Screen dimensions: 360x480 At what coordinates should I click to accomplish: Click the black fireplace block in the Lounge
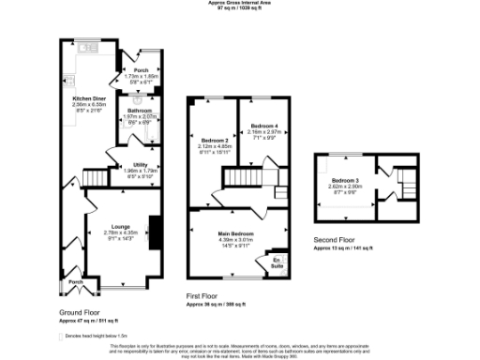(x=155, y=230)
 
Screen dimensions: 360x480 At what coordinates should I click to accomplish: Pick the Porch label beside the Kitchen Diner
(x=142, y=69)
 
